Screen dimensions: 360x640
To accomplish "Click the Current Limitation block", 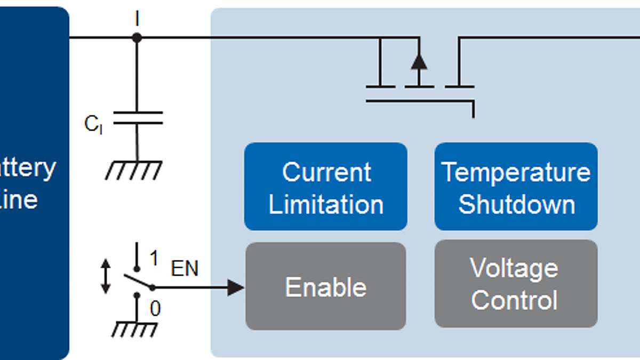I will click(325, 187).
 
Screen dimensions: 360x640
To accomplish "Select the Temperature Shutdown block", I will click(516, 187).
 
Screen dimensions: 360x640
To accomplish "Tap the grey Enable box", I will click(325, 286).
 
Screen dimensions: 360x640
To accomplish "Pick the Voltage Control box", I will click(516, 284).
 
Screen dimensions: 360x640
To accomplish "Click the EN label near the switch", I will click(185, 269).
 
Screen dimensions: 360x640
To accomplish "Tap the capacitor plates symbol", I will click(138, 118).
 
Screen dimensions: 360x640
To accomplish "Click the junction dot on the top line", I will click(137, 38).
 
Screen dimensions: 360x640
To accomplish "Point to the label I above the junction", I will click(137, 19).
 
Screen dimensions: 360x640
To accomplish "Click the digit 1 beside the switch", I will click(154, 259).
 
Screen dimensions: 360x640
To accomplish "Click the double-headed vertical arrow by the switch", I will click(106, 276).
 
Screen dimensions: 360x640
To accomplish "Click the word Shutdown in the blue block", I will click(516, 204).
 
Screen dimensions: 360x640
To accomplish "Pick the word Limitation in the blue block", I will click(326, 205).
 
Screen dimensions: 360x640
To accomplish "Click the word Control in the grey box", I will click(515, 300).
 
